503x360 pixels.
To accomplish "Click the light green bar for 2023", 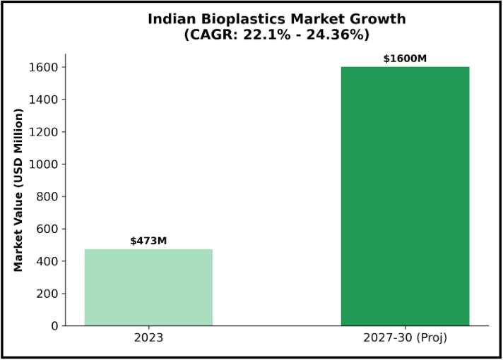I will [x=148, y=287].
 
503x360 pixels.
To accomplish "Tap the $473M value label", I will [x=148, y=241].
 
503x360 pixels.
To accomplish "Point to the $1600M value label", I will [x=405, y=59].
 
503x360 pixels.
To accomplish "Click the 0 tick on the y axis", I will [x=54, y=326].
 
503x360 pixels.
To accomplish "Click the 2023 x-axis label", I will [x=148, y=338].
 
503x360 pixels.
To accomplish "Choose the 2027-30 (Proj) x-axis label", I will [x=405, y=338].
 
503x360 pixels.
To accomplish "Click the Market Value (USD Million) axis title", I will [x=19, y=189].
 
